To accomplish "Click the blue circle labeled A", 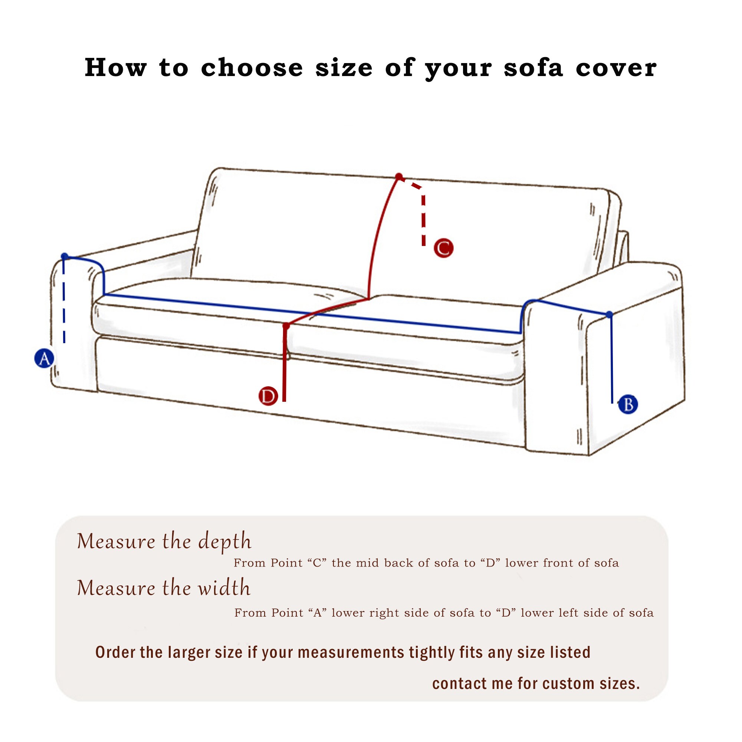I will tap(45, 358).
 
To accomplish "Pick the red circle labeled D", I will tap(268, 396).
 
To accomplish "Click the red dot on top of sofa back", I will tap(399, 177).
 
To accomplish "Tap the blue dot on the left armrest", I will tap(65, 256).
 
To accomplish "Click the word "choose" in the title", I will tap(252, 68).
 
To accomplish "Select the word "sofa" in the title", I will tap(533, 68).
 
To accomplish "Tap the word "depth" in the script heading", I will tap(225, 542).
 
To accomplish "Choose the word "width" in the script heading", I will tap(224, 588).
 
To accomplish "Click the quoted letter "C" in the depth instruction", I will tap(317, 563).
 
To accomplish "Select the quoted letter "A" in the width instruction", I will tap(317, 613).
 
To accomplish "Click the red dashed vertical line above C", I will tap(424, 221).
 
